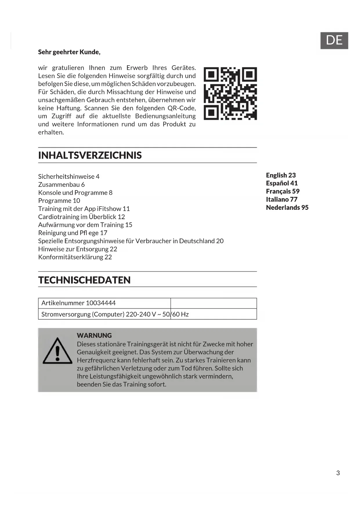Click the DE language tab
[x=334, y=40]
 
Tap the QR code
[x=230, y=93]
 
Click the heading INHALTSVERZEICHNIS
[x=90, y=155]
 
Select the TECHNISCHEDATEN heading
[x=84, y=280]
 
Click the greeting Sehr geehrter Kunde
[x=69, y=52]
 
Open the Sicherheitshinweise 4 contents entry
[x=69, y=176]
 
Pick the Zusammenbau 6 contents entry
[x=61, y=185]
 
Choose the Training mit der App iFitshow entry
[x=84, y=209]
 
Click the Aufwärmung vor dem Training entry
[x=85, y=225]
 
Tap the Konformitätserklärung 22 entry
[x=75, y=257]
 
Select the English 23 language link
[x=281, y=175]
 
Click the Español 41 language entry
[x=282, y=183]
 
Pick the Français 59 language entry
[x=283, y=191]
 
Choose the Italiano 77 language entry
[x=281, y=199]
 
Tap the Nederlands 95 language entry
[x=287, y=207]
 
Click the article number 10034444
[x=101, y=303]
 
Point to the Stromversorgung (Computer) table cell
[x=104, y=314]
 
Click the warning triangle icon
[x=57, y=351]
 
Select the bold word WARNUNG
[x=94, y=335]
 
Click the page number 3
[x=338, y=473]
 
